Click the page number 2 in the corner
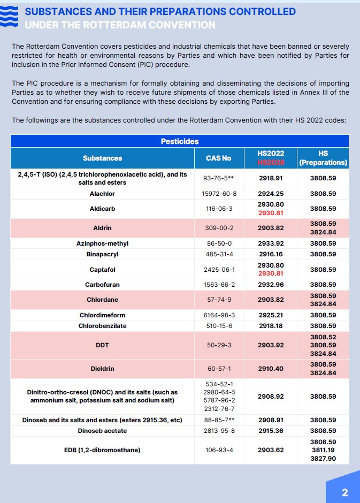click(x=344, y=492)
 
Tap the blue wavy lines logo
click(x=11, y=18)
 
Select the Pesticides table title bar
click(x=180, y=141)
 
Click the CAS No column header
click(x=218, y=158)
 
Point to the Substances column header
click(x=102, y=158)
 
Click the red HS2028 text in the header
click(x=271, y=162)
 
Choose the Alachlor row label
click(x=102, y=194)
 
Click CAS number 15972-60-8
click(x=218, y=194)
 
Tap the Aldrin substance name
click(x=102, y=228)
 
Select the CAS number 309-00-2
click(x=218, y=228)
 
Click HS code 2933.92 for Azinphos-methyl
click(x=271, y=243)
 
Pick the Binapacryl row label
click(x=102, y=254)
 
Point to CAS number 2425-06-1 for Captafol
click(x=218, y=270)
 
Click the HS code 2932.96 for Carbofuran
click(x=271, y=285)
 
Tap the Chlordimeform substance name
click(x=102, y=315)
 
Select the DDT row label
click(x=102, y=345)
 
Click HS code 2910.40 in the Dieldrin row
click(x=271, y=369)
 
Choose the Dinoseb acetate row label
click(x=102, y=431)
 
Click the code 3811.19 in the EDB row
click(x=323, y=450)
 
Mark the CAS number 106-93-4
click(x=218, y=450)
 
